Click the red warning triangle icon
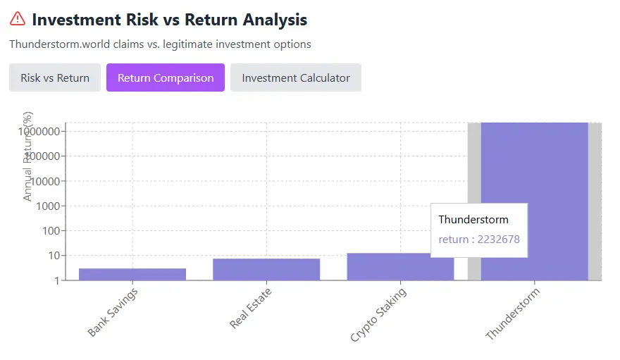[x=18, y=19]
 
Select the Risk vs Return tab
[x=55, y=77]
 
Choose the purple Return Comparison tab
[x=166, y=77]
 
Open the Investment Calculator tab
[x=296, y=77]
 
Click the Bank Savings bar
[x=132, y=274]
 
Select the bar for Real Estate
[x=266, y=269]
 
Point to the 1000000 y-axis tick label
[x=42, y=132]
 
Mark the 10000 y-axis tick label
[x=48, y=181]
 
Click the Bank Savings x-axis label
[x=113, y=311]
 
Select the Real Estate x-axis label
[x=251, y=308]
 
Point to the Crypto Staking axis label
[x=378, y=314]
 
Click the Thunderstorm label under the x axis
[x=512, y=314]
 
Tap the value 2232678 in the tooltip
[x=498, y=240]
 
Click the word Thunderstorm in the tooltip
[x=473, y=220]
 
